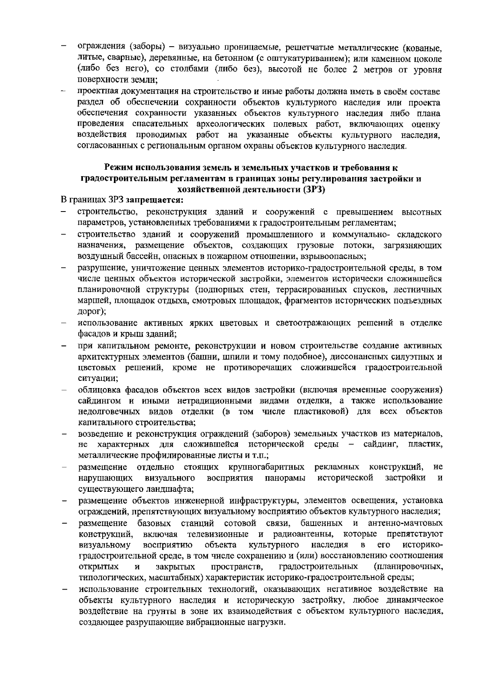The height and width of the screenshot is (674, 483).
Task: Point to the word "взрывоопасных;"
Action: (x=336, y=256)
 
